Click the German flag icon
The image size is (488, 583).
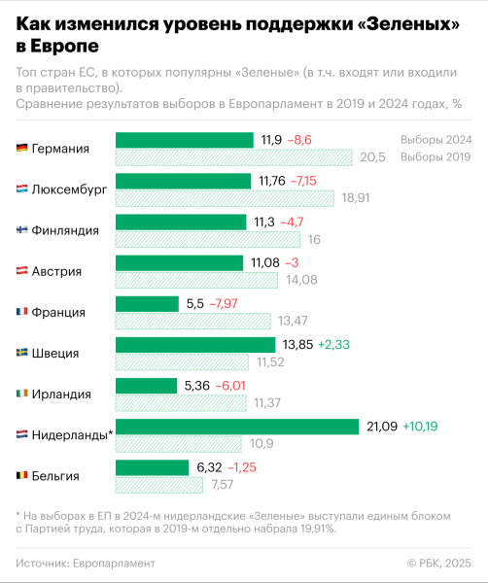point(21,149)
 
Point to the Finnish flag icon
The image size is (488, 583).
point(21,230)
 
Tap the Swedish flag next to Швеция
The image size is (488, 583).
point(21,353)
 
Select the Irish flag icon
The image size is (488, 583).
point(21,394)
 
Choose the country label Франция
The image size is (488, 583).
point(58,312)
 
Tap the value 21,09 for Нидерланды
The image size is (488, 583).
point(383,426)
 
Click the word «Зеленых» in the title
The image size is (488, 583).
point(388,22)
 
